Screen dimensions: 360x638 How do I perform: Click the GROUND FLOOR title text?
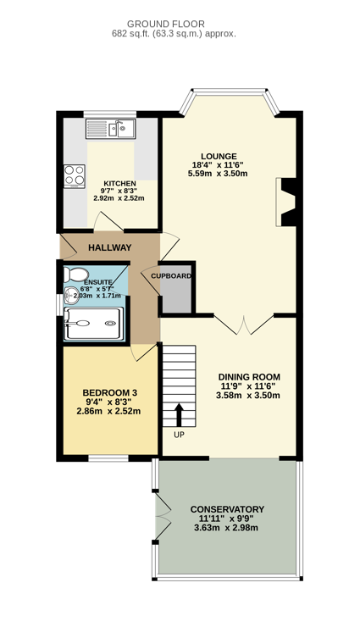(165, 24)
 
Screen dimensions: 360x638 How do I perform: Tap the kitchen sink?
(110, 129)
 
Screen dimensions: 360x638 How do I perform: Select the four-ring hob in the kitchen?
(74, 176)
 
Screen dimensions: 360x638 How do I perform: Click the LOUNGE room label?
(219, 156)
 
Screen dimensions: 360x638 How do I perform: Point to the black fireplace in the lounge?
(290, 202)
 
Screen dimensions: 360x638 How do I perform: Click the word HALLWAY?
(110, 247)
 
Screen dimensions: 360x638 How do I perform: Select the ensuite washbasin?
(72, 295)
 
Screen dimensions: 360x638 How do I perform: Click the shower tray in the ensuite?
(93, 323)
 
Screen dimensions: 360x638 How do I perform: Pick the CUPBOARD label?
(171, 276)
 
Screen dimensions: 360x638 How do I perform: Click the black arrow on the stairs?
(179, 414)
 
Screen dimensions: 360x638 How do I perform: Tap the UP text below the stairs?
(179, 435)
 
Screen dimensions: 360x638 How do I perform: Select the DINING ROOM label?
(249, 377)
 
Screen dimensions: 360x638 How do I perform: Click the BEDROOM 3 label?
(110, 393)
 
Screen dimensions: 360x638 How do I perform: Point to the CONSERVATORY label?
(227, 509)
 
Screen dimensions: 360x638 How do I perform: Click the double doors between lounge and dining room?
(244, 325)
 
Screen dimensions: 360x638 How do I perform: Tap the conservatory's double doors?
(163, 517)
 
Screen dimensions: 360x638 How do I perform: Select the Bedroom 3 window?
(108, 458)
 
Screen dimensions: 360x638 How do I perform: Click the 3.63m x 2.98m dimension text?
(227, 528)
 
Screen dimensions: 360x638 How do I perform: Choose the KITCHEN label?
(119, 183)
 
